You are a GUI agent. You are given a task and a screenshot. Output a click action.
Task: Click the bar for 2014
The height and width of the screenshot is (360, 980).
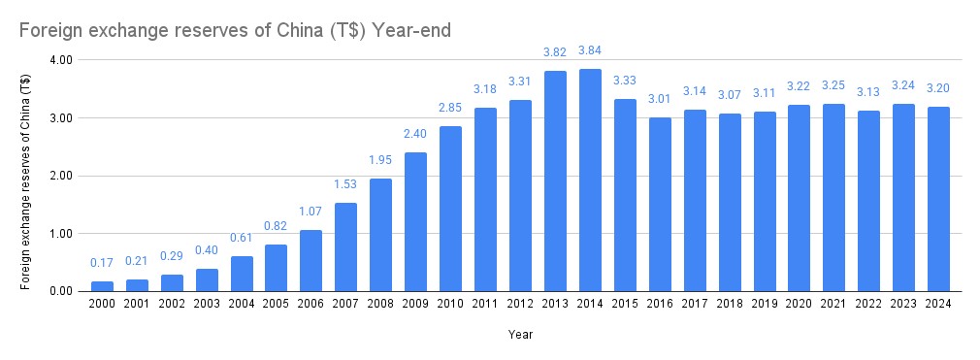pyautogui.click(x=590, y=180)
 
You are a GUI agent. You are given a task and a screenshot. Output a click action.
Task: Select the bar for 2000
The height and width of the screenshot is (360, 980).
pyautogui.click(x=102, y=286)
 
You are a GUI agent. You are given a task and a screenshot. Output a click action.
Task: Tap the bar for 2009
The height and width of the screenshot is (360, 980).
pyautogui.click(x=415, y=222)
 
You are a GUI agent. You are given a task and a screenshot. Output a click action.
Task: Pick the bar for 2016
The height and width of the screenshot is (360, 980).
pyautogui.click(x=660, y=204)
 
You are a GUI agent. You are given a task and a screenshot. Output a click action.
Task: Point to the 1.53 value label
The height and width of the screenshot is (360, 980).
pyautogui.click(x=345, y=184)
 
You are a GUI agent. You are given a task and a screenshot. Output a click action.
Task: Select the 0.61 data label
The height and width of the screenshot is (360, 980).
pyautogui.click(x=241, y=238)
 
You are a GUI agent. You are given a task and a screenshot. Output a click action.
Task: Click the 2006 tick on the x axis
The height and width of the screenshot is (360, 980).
pyautogui.click(x=310, y=304)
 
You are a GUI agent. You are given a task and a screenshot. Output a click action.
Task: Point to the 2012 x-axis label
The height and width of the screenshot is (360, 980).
pyautogui.click(x=520, y=304)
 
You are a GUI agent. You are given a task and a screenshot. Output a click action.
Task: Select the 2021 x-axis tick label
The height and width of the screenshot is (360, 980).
pyautogui.click(x=833, y=304)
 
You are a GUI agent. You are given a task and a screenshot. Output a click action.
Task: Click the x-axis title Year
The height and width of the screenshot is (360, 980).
pyautogui.click(x=520, y=335)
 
